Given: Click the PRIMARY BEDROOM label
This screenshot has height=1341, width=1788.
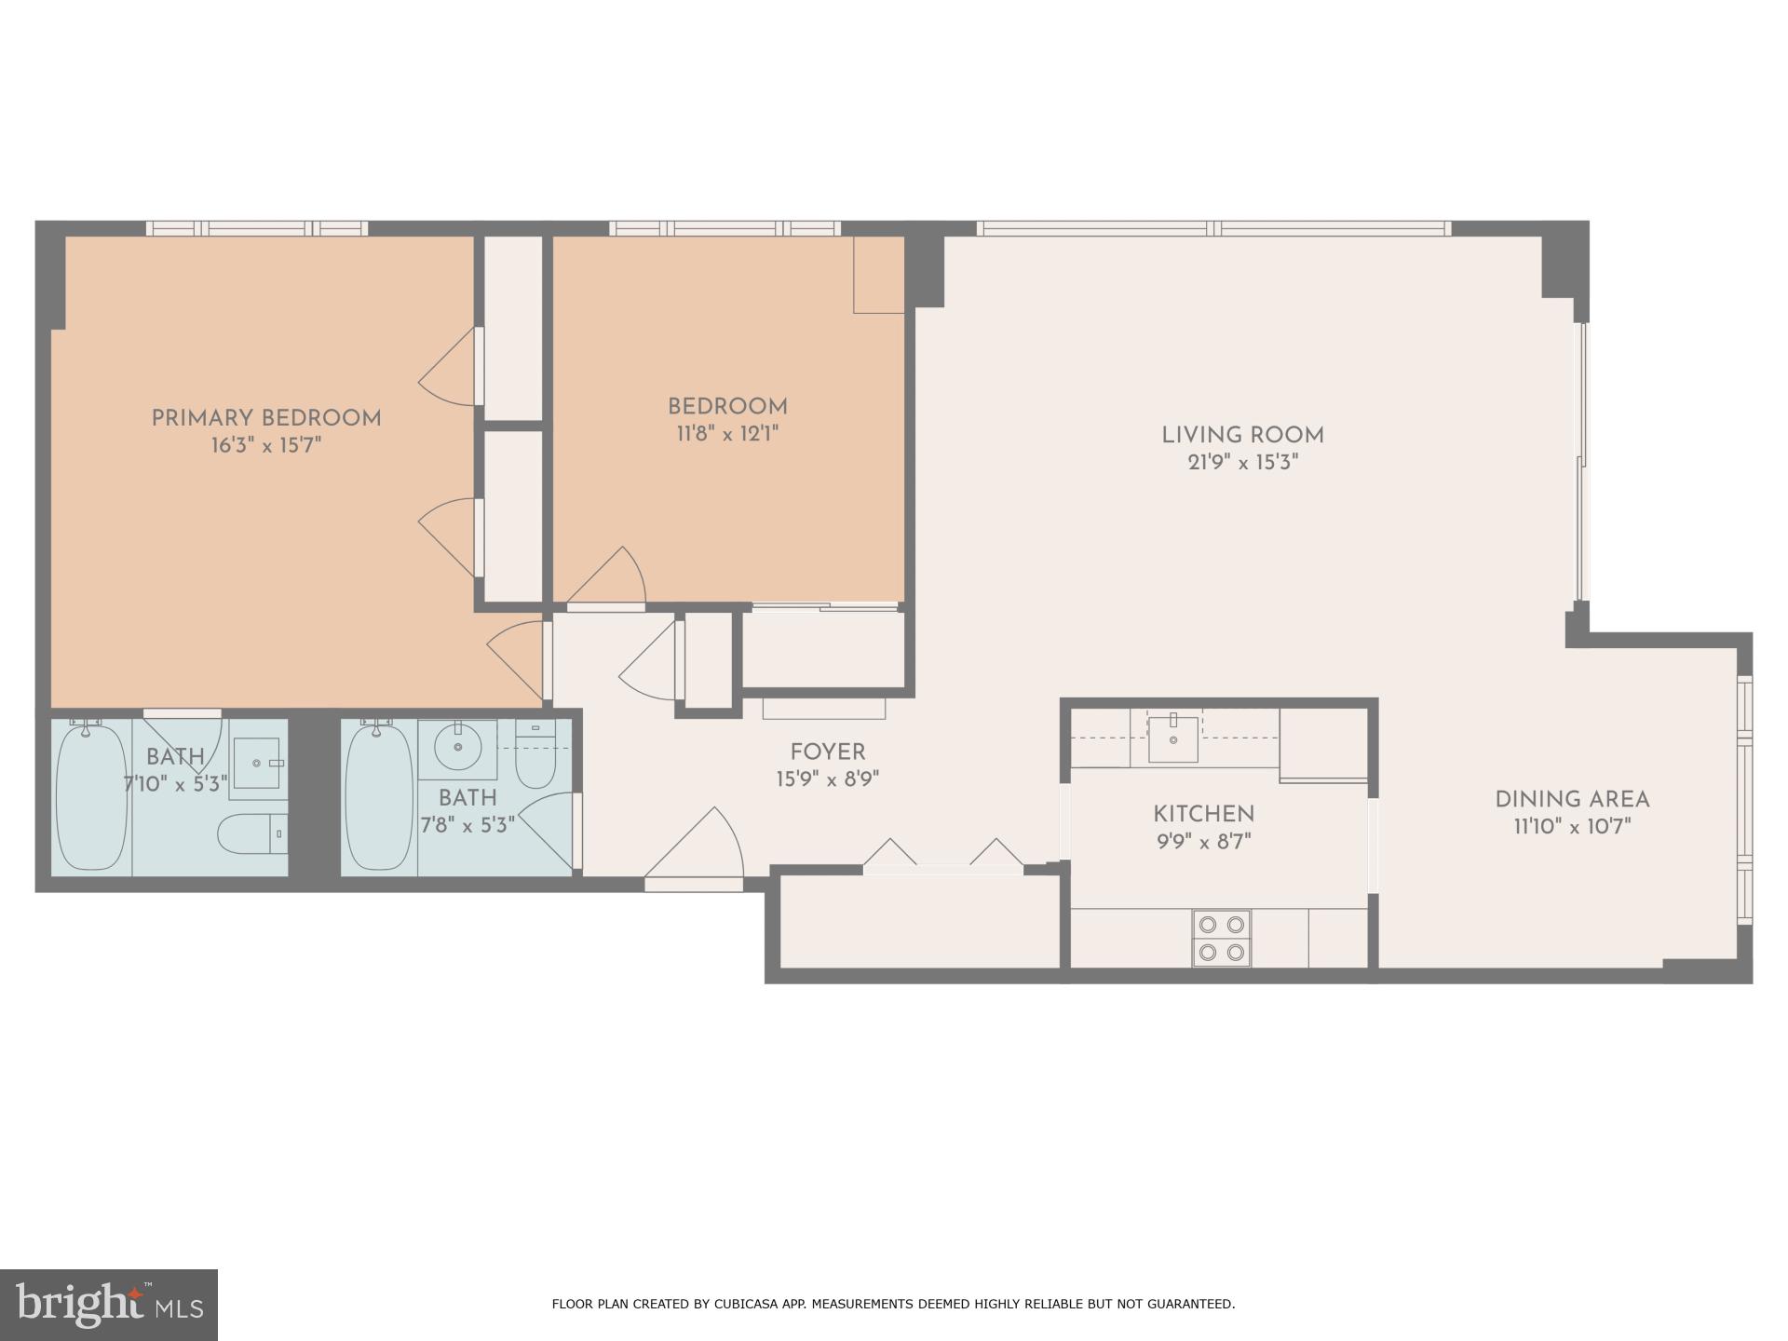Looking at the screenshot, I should pos(266,419).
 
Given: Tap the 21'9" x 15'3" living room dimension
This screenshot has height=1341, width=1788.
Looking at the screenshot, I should pos(1242,463).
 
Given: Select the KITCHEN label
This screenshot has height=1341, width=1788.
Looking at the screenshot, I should pos(1203,814).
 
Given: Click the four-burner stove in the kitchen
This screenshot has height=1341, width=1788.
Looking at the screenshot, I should pos(1222,938).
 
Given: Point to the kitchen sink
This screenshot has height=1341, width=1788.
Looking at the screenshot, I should pos(1172,739).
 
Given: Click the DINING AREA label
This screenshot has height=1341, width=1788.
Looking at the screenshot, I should pos(1572,800).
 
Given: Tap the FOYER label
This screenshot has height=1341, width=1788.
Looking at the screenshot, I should pos(827,752).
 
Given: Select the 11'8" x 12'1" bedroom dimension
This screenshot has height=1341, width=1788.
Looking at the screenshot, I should pos(727,434).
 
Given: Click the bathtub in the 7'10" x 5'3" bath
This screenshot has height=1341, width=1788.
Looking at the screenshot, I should pos(90,796).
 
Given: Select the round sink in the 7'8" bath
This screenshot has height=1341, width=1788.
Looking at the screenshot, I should pos(457,747).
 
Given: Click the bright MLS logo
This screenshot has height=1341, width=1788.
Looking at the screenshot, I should pos(109,1305).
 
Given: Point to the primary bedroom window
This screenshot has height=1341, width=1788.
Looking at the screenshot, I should pos(257,228).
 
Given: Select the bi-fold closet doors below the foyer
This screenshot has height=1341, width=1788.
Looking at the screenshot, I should pos(942,857).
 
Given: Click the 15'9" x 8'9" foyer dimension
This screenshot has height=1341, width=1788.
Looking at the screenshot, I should pos(827,779).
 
